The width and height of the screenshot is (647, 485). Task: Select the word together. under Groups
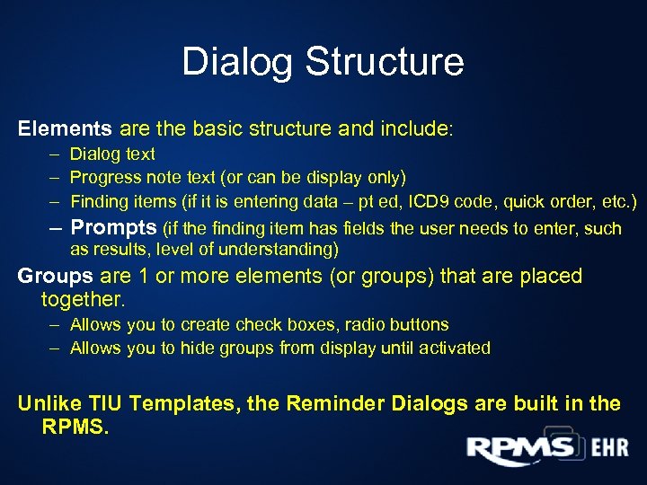tap(84, 298)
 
